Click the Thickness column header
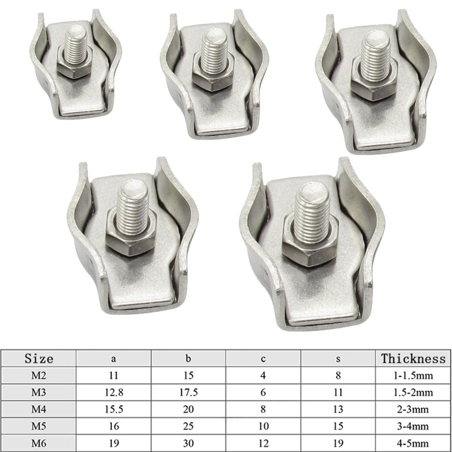click(413, 358)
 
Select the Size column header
click(39, 358)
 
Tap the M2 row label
click(39, 375)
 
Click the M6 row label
click(39, 443)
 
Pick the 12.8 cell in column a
click(114, 393)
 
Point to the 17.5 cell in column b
click(188, 393)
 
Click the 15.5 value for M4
click(114, 410)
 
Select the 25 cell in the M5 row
click(188, 426)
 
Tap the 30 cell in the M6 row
click(188, 443)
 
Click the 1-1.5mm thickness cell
click(413, 375)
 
